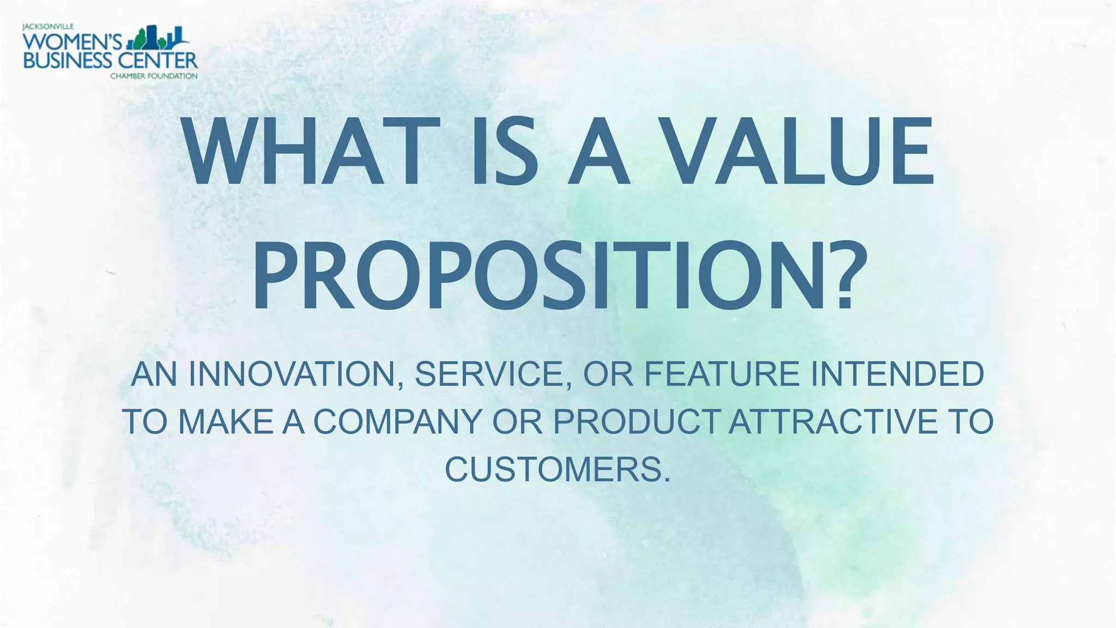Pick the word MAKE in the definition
[226, 422]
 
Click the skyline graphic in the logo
[158, 38]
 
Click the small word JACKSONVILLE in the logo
[48, 26]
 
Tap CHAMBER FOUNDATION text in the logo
[154, 76]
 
